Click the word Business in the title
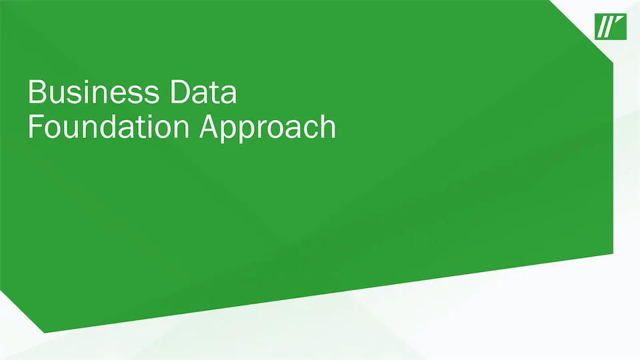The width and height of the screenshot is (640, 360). pos(93,92)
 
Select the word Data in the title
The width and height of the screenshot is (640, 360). pos(203,92)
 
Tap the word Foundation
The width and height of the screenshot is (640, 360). pos(109,127)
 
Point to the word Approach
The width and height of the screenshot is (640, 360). pos(268,129)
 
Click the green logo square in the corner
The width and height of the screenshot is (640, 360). pos(611,27)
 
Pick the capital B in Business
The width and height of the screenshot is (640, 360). pos(36,92)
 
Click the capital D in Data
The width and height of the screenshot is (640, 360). pos(179,92)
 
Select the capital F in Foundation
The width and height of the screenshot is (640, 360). pos(35,127)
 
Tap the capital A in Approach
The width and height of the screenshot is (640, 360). pos(209,127)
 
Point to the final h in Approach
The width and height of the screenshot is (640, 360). pos(329,127)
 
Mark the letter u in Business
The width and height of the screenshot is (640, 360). pos(57,95)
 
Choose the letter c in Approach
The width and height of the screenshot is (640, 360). pos(310,130)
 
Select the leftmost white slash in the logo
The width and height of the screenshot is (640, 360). pos(601,27)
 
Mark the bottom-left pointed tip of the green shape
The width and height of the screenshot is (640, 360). pos(44,333)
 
